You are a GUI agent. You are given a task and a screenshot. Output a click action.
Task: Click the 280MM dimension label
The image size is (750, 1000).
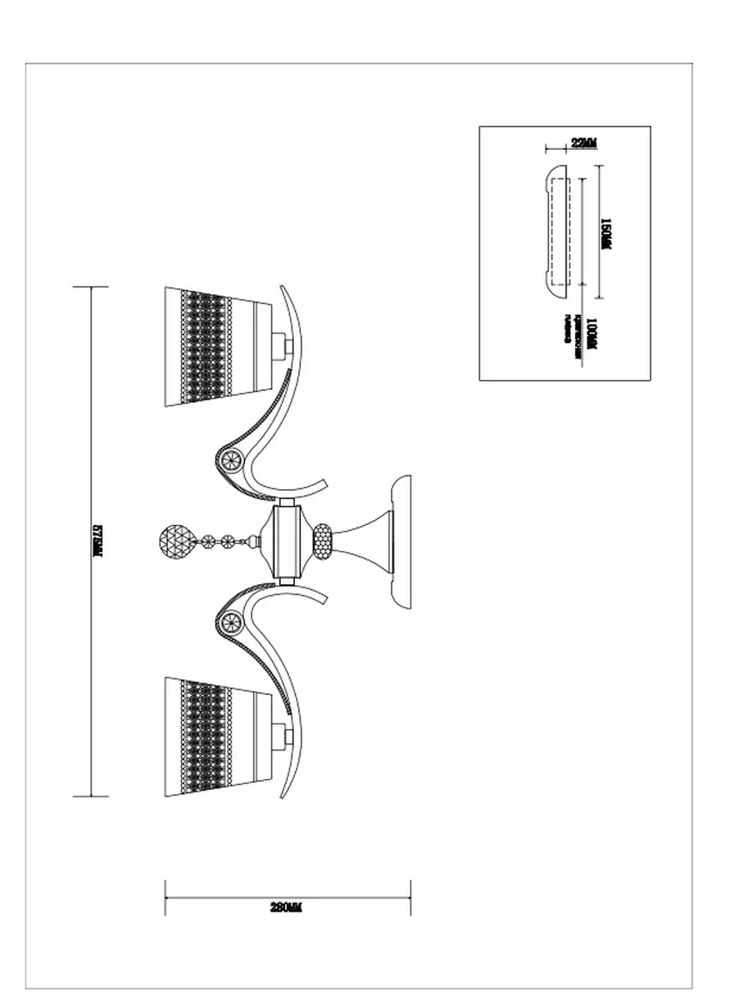[x=286, y=907]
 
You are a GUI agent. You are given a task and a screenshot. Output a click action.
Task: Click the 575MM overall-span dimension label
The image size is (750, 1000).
[x=97, y=542]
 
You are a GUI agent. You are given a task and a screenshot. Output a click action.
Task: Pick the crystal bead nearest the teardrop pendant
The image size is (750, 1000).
[x=204, y=542]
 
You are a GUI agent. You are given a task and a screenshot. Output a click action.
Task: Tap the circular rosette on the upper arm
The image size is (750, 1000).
[x=230, y=458]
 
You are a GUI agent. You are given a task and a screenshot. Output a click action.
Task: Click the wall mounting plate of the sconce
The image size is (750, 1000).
[x=402, y=542]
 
